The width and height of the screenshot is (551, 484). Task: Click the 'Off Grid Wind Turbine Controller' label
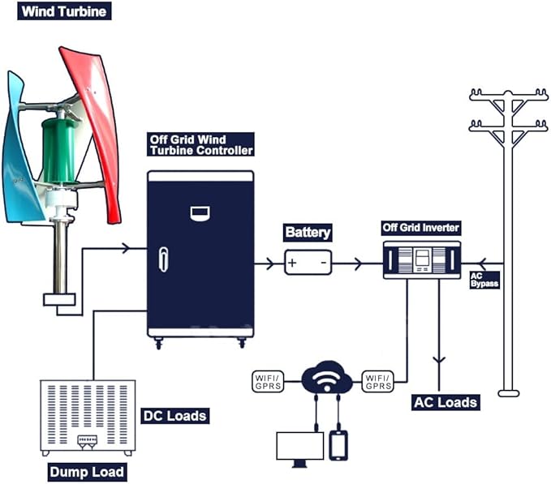click(201, 145)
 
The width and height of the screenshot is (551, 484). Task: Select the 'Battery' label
click(308, 233)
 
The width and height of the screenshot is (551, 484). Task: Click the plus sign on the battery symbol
click(292, 263)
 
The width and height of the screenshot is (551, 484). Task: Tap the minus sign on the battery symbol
click(322, 263)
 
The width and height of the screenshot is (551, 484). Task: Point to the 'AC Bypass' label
click(484, 280)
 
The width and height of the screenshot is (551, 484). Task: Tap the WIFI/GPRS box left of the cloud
click(269, 380)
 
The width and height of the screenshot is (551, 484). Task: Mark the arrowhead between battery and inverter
click(357, 263)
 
